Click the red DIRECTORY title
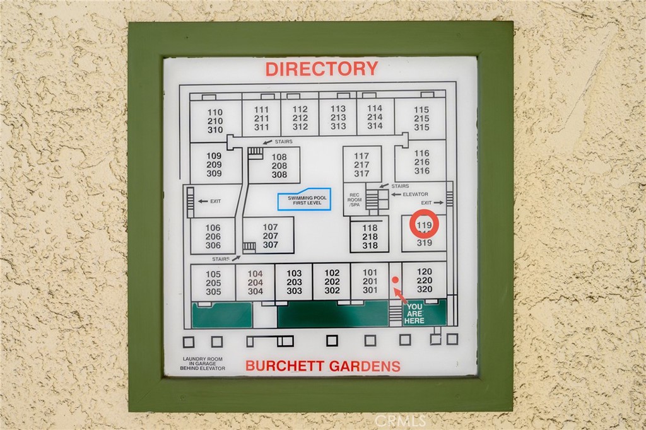click(x=321, y=69)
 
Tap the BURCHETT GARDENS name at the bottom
click(x=322, y=366)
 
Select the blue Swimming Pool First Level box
click(x=304, y=199)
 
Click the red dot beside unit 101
click(x=395, y=279)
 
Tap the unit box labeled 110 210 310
click(x=215, y=121)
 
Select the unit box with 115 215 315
click(x=421, y=119)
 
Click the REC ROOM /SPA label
click(x=355, y=200)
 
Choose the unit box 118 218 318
click(x=370, y=236)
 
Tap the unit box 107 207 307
click(x=270, y=236)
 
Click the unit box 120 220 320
click(x=424, y=281)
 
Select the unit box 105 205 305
click(x=213, y=283)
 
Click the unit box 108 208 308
click(x=279, y=166)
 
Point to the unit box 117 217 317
click(x=361, y=165)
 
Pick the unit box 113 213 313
click(x=338, y=117)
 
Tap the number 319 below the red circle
click(x=424, y=243)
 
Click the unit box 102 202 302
click(x=332, y=282)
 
